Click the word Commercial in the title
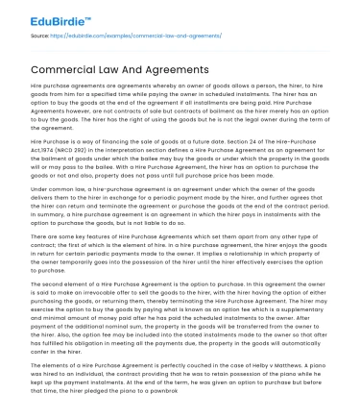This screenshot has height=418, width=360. coord(72,69)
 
